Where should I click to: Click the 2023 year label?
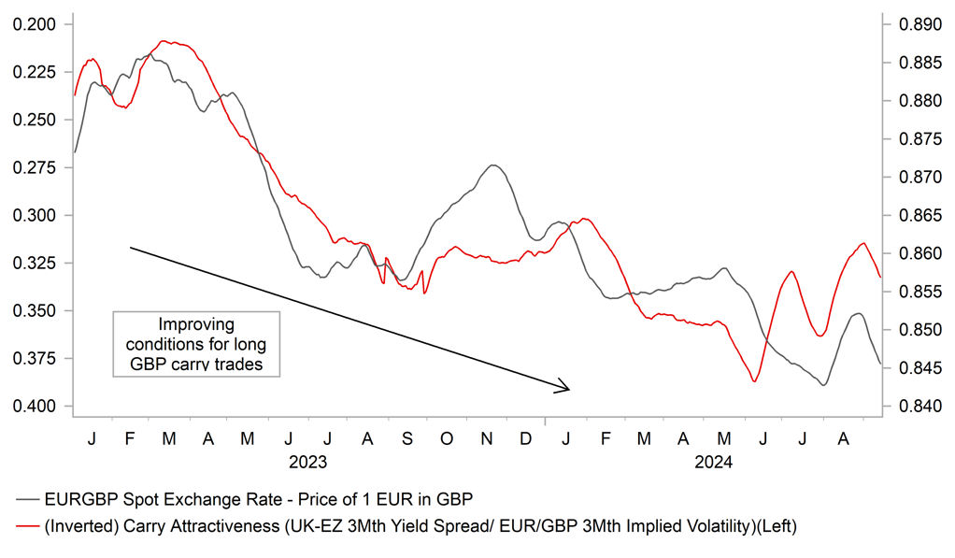(307, 462)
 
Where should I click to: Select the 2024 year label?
(713, 462)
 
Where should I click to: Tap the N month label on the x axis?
(486, 438)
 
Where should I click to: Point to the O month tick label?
(446, 438)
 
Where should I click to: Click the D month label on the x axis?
(526, 438)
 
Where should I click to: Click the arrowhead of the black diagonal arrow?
(566, 388)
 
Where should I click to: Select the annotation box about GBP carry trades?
(195, 343)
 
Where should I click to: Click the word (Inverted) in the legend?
(79, 528)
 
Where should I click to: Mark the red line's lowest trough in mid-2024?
(754, 380)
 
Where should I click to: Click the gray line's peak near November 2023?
(493, 165)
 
